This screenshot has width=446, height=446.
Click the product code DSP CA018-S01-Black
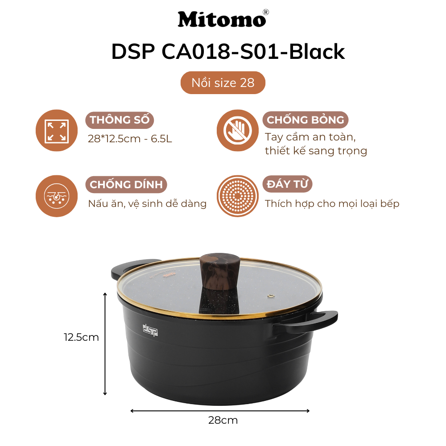tap(228, 52)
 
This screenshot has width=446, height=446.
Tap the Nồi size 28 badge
tap(223, 83)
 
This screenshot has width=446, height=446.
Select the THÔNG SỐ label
tap(119, 120)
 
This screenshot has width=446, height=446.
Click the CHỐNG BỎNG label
tap(305, 120)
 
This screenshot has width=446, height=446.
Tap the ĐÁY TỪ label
tap(289, 184)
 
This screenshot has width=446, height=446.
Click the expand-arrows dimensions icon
tap(57, 131)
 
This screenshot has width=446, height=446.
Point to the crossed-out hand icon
tap(238, 131)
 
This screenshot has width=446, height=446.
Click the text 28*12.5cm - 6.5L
tap(130, 139)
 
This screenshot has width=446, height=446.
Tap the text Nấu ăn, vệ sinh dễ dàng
tap(147, 204)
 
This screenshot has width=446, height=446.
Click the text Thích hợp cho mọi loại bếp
tap(332, 204)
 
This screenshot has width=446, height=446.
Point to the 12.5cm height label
tap(81, 337)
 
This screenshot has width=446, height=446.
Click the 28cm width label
tap(223, 420)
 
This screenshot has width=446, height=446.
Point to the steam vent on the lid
tap(270, 295)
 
